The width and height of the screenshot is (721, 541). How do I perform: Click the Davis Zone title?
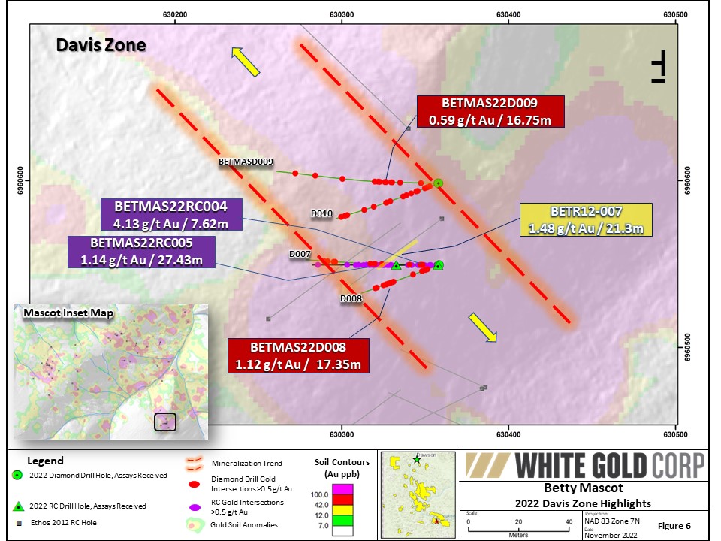[101, 45]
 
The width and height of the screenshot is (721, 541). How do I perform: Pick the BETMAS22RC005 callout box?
[141, 252]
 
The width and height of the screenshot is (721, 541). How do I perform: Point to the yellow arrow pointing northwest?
[246, 62]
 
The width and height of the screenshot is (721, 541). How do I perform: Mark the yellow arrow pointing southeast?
[483, 328]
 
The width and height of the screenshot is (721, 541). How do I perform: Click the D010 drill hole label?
[321, 213]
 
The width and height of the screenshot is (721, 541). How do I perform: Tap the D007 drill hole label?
[300, 255]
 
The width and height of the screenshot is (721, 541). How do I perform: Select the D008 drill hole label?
[351, 298]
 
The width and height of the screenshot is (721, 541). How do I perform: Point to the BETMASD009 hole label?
[246, 162]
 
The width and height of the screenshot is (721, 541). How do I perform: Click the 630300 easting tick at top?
[342, 14]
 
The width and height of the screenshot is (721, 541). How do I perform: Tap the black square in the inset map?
[165, 422]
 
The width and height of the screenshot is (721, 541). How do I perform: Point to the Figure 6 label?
[673, 524]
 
